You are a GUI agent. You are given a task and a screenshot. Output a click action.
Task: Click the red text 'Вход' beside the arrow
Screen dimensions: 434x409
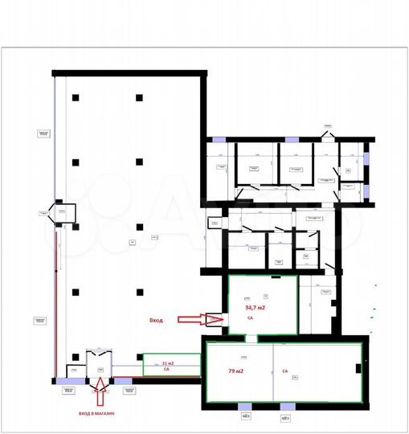(156, 320)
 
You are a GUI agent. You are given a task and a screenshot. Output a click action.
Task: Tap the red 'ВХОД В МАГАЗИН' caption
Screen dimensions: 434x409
(97, 412)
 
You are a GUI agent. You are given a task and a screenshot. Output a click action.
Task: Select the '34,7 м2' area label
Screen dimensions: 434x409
(255, 308)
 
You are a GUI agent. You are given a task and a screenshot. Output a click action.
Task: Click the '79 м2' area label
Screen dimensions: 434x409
(235, 371)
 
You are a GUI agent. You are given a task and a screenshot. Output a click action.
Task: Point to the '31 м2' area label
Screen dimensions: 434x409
(168, 362)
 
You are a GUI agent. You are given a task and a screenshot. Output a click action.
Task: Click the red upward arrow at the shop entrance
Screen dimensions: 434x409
(99, 395)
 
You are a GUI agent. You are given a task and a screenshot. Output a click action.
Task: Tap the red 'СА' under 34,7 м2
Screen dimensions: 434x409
(250, 318)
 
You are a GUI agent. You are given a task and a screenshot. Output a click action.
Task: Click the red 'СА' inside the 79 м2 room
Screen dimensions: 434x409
(284, 371)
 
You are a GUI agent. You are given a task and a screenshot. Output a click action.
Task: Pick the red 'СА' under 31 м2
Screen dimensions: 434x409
(166, 370)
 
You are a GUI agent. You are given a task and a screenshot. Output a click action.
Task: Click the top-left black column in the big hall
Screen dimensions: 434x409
(74, 98)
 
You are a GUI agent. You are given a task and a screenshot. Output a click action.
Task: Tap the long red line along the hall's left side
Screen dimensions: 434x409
(55, 297)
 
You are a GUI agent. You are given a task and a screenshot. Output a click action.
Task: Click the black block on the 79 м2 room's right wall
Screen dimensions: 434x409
(357, 369)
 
